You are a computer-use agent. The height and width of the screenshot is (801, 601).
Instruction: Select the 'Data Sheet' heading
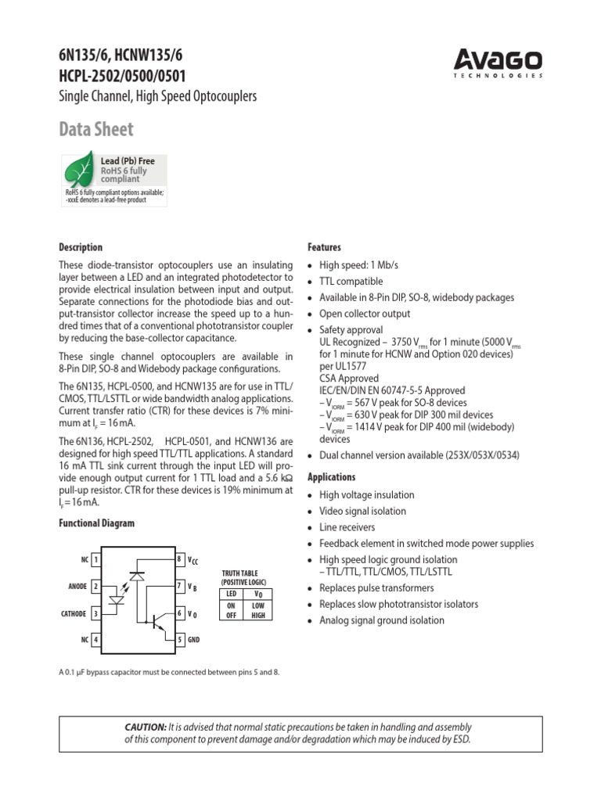tap(96, 130)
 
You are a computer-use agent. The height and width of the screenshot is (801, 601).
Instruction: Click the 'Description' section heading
tap(81, 247)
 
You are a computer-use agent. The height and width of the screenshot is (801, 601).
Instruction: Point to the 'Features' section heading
tap(325, 247)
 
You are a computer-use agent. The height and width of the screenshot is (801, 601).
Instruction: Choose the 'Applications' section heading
tap(332, 477)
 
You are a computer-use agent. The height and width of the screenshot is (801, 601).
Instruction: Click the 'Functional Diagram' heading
tap(96, 523)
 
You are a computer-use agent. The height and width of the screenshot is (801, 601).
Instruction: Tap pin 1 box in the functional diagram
tap(95, 560)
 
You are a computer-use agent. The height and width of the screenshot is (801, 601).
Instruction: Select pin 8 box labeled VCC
tap(180, 560)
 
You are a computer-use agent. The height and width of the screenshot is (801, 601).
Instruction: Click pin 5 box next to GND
tap(180, 640)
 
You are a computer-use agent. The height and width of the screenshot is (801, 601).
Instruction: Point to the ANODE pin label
tap(77, 587)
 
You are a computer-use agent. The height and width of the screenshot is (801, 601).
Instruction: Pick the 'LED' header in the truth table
tap(231, 594)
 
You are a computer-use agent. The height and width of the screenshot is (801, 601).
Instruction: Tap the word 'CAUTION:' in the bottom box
tap(145, 727)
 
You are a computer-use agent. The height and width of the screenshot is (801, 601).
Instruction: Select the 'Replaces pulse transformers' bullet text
tap(376, 588)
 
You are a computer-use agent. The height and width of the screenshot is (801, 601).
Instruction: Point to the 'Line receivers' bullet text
tap(347, 527)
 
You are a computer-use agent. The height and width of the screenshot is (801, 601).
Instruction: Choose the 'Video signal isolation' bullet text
tap(362, 511)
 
